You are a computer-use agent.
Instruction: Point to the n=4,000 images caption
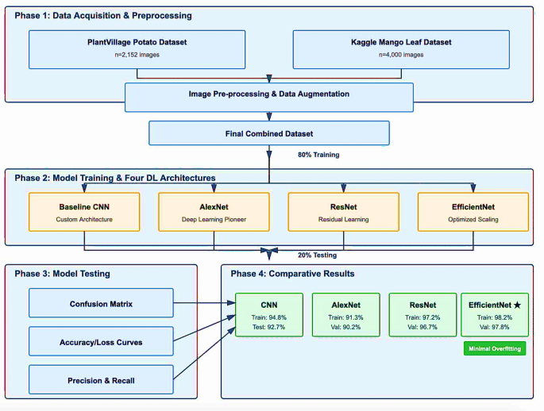click(401, 56)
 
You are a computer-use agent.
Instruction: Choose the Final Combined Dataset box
click(269, 133)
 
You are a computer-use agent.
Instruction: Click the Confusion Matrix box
click(101, 302)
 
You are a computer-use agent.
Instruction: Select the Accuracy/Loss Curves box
click(101, 341)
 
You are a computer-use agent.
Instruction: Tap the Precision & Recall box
click(101, 380)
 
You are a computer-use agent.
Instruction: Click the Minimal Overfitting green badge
click(494, 348)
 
